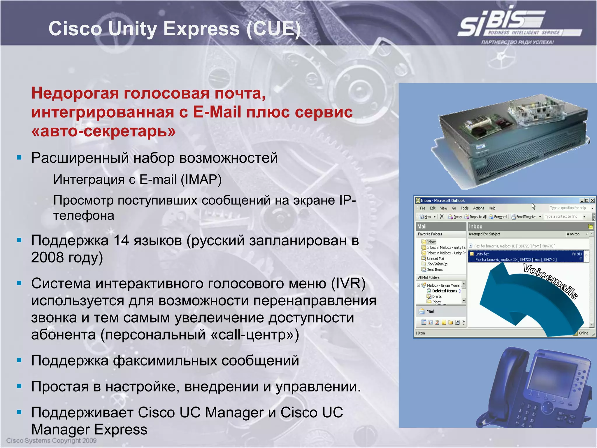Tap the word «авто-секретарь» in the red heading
[x=103, y=131]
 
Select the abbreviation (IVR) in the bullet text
[x=348, y=283]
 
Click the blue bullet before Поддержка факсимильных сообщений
[x=19, y=360]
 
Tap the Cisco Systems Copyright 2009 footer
[x=51, y=440]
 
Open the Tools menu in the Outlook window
[x=464, y=208]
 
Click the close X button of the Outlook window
[x=592, y=200]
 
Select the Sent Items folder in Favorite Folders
[x=435, y=270]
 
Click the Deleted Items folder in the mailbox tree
[x=444, y=291]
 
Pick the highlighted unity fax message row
[x=525, y=257]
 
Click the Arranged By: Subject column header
[x=484, y=234]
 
